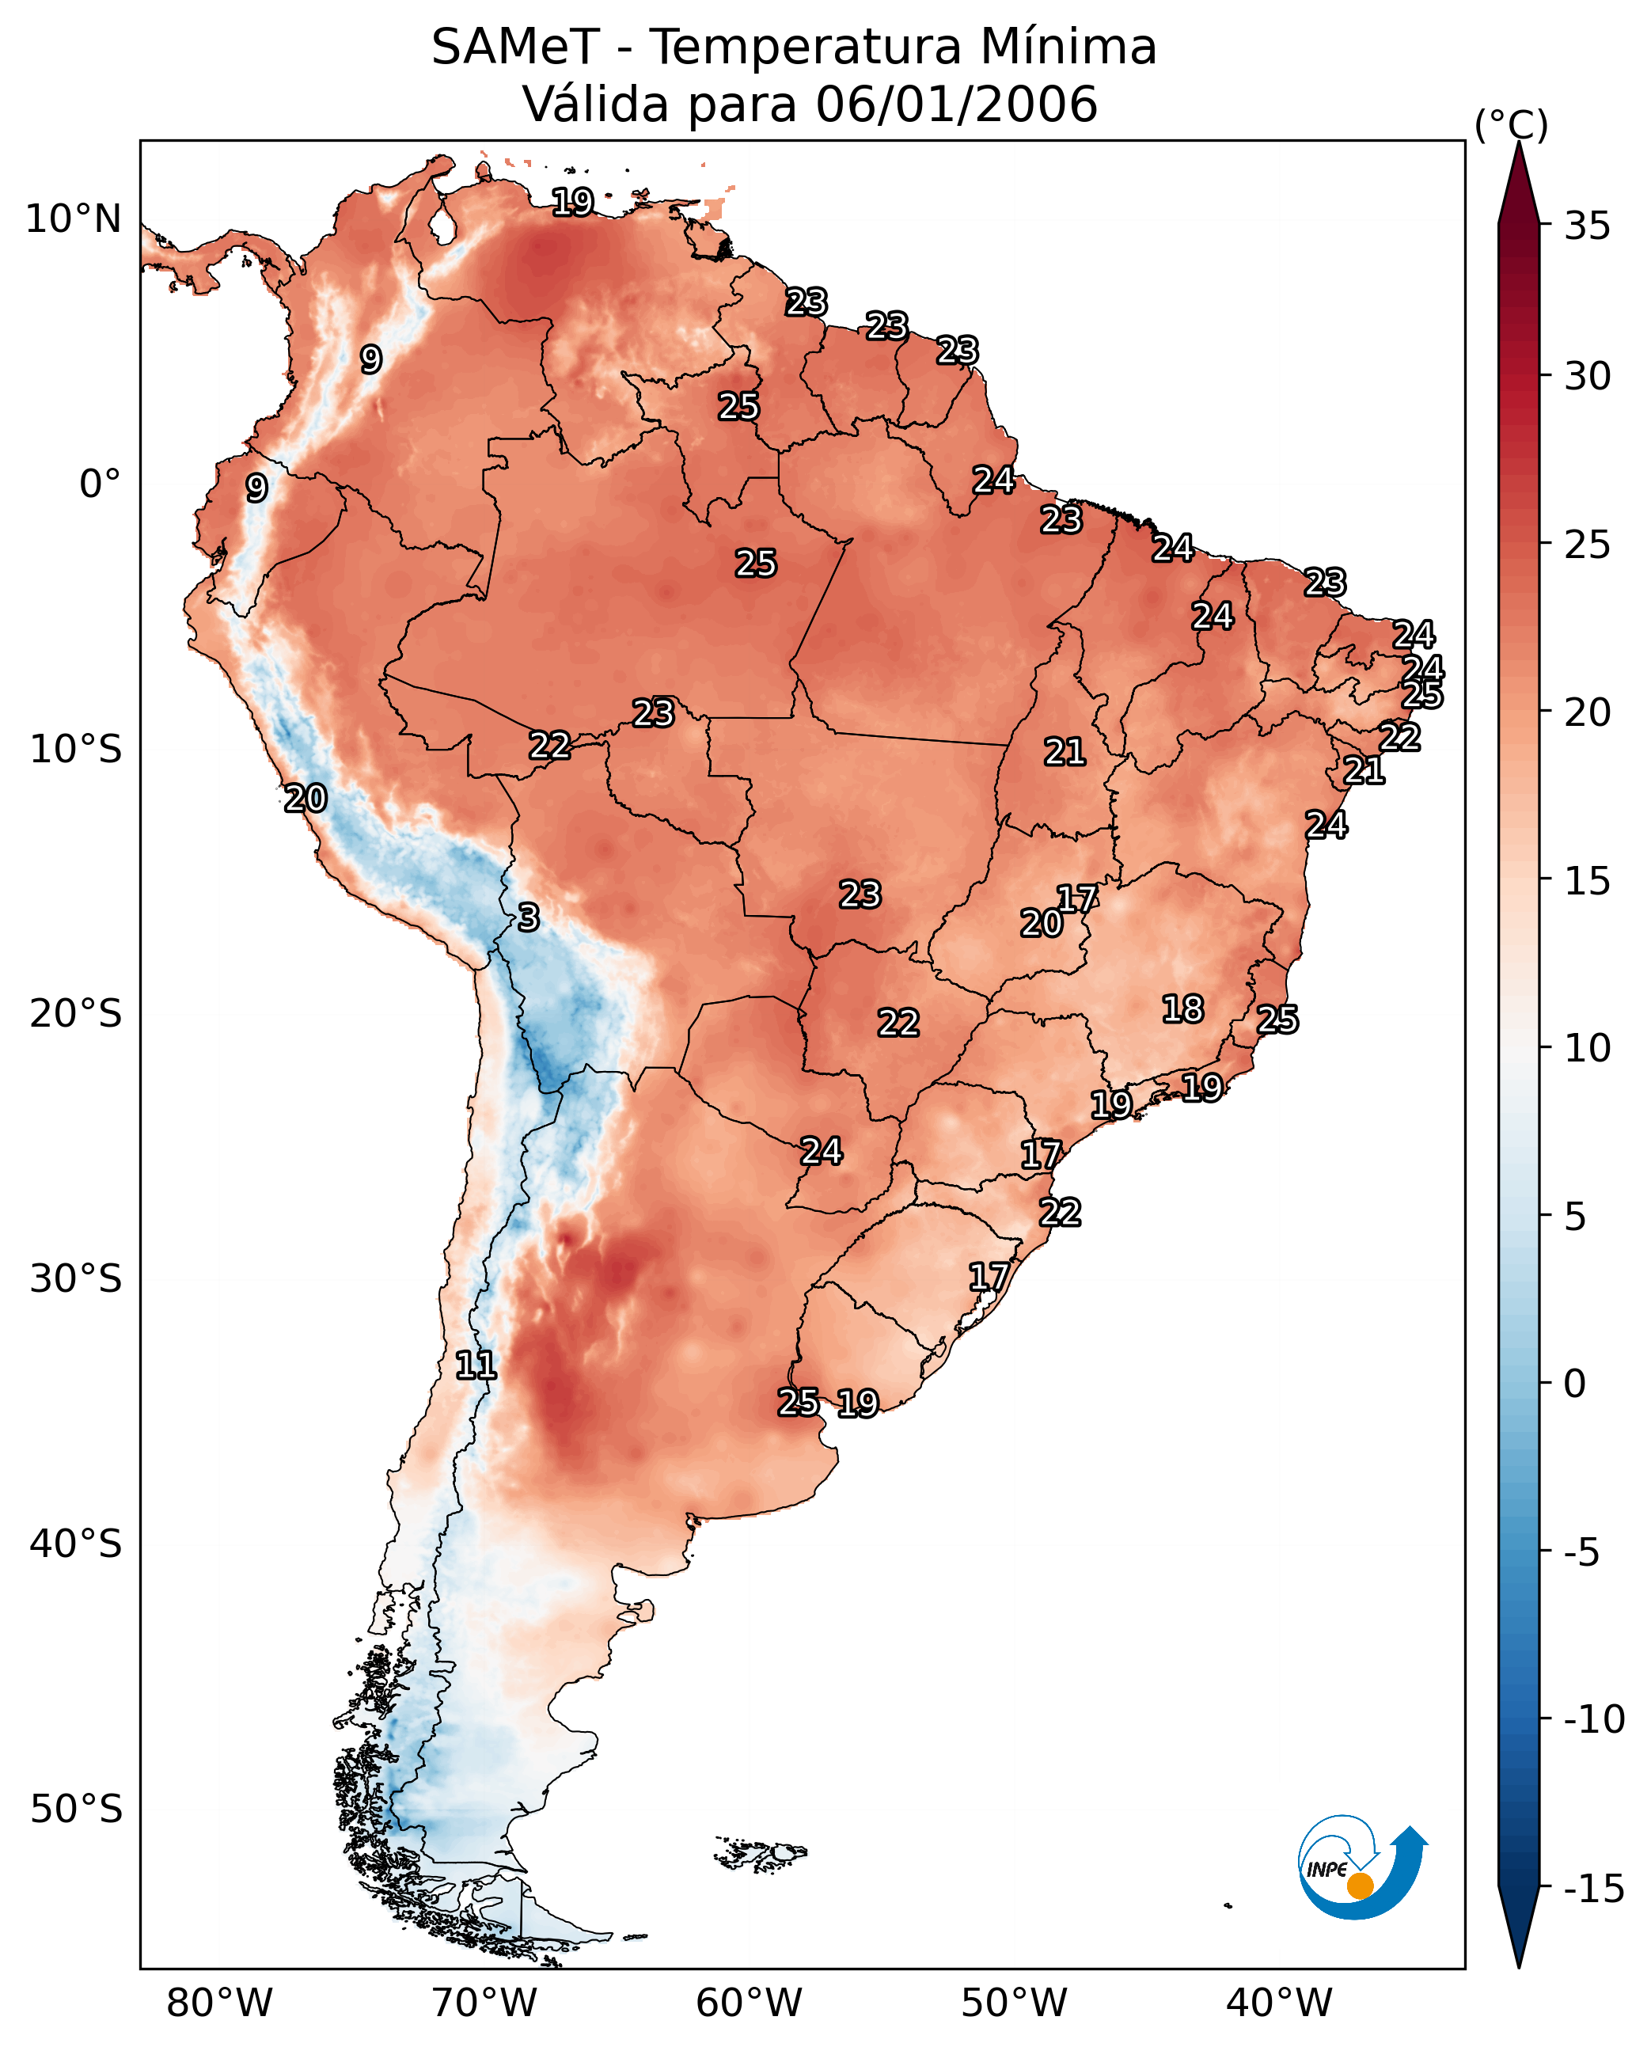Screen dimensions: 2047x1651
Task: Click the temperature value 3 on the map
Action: (529, 918)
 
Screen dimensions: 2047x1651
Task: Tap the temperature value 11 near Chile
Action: (476, 1366)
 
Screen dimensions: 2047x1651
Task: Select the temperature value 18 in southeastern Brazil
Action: (1183, 1009)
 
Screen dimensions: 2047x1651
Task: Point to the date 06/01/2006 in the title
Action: (956, 104)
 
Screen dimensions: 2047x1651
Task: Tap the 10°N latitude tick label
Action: (74, 220)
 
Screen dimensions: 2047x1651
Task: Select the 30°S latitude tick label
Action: (76, 1279)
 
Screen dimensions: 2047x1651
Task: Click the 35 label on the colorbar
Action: (1587, 226)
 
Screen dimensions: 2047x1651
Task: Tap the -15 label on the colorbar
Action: (1593, 1889)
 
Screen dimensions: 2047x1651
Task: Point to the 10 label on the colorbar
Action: (1587, 1048)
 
